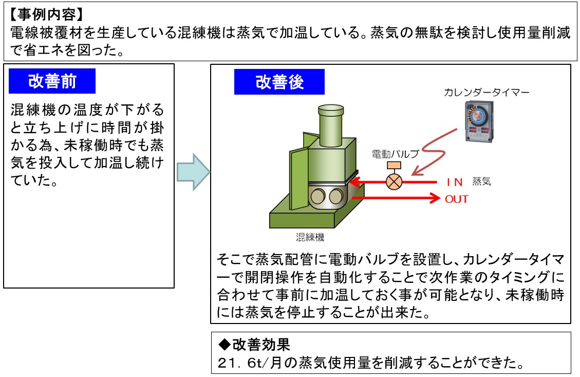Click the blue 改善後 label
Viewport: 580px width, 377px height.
(279, 82)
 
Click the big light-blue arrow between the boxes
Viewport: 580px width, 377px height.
(193, 172)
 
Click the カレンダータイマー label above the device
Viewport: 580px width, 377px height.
(487, 93)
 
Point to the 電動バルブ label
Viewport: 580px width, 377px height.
(396, 153)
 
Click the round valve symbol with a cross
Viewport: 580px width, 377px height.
(395, 182)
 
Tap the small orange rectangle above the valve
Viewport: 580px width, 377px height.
(395, 166)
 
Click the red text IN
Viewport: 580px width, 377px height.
(455, 182)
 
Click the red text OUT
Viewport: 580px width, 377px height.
(457, 199)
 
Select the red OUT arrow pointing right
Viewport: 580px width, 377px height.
(396, 198)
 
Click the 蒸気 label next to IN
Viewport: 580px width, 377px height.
(481, 182)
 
